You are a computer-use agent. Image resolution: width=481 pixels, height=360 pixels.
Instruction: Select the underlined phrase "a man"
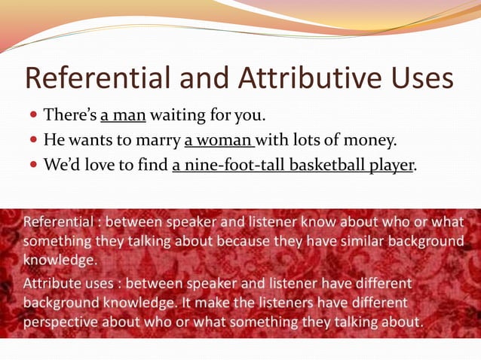tap(123, 116)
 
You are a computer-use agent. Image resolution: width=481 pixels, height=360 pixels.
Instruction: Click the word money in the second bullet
tap(369, 140)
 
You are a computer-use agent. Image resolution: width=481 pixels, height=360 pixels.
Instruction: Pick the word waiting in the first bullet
tap(175, 116)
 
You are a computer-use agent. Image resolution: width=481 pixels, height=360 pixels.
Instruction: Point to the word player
tap(391, 165)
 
